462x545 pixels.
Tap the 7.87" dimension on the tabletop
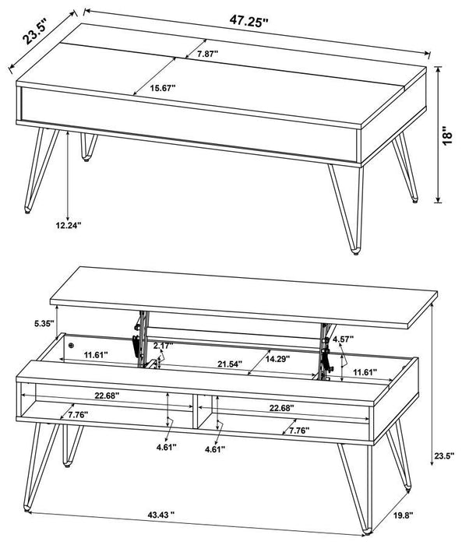pyautogui.click(x=208, y=54)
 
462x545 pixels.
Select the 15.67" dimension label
pyautogui.click(x=163, y=89)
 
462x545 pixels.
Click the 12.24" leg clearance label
pyautogui.click(x=69, y=225)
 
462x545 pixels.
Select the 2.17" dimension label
pyautogui.click(x=162, y=345)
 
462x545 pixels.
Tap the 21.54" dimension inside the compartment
pyautogui.click(x=231, y=364)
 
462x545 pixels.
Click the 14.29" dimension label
pyautogui.click(x=283, y=360)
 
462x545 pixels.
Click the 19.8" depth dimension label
pyautogui.click(x=425, y=515)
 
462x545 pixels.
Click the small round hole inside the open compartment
pyautogui.click(x=71, y=344)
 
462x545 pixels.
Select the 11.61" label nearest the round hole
pyautogui.click(x=96, y=354)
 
